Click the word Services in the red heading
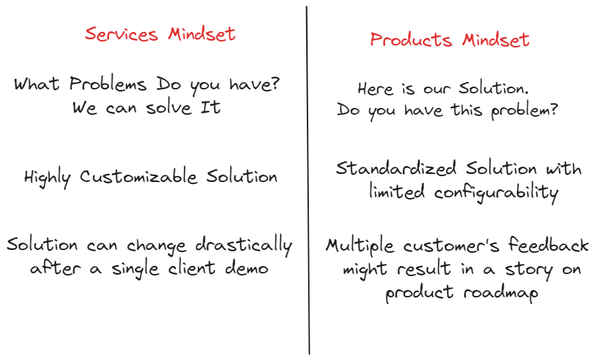pyautogui.click(x=122, y=34)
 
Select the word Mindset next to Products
pyautogui.click(x=496, y=39)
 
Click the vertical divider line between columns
pyautogui.click(x=308, y=180)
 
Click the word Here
pyautogui.click(x=376, y=89)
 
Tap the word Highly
pyautogui.click(x=49, y=177)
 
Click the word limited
pyautogui.click(x=397, y=192)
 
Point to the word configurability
pyautogui.click(x=496, y=193)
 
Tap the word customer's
pyautogui.click(x=453, y=245)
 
